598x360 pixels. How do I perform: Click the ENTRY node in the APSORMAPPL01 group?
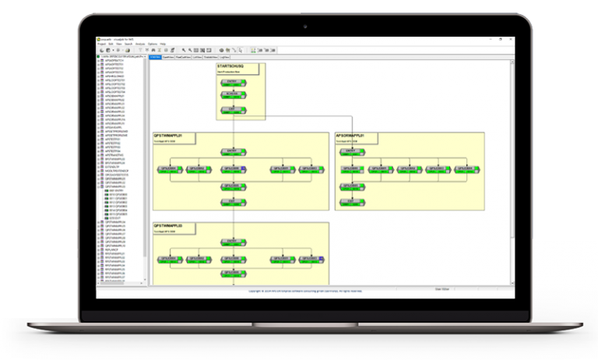point(354,150)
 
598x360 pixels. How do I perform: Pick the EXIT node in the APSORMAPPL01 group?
point(354,200)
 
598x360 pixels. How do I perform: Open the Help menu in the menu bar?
point(163,44)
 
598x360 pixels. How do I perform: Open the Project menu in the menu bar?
point(100,44)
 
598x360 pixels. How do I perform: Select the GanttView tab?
point(168,57)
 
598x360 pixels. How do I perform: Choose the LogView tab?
point(224,57)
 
